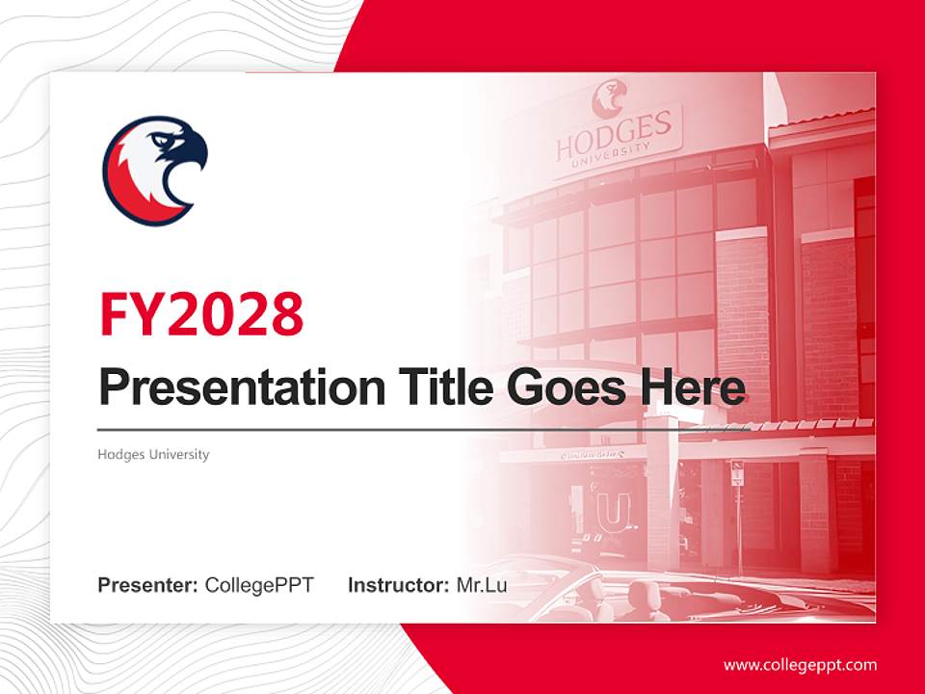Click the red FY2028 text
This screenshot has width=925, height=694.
[201, 313]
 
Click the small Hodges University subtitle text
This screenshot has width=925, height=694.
[153, 454]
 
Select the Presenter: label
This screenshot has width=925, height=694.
[148, 585]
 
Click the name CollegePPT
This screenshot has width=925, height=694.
[259, 585]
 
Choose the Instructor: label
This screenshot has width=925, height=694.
[398, 585]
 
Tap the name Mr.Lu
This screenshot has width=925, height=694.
[481, 585]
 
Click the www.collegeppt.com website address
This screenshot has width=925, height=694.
[800, 665]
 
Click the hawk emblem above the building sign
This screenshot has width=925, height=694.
[609, 97]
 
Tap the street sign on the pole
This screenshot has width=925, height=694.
[737, 474]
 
